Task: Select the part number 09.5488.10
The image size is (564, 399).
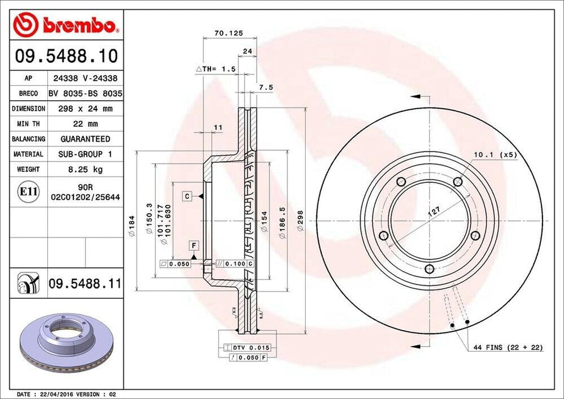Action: tap(65, 56)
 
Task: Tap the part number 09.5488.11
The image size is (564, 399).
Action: tap(84, 284)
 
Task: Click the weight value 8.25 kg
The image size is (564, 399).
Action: tap(85, 169)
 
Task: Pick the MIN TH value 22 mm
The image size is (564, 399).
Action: tap(85, 124)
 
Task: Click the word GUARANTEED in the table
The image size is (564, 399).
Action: tap(85, 139)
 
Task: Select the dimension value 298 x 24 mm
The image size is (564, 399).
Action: tap(85, 109)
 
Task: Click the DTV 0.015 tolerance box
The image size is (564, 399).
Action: tap(249, 348)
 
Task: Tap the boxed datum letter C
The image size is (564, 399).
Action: tap(187, 196)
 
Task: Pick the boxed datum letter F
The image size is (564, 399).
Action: tap(194, 245)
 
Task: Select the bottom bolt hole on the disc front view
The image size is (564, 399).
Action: tap(429, 269)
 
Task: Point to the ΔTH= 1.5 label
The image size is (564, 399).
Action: tap(216, 69)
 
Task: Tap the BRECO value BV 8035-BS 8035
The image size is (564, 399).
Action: tap(85, 94)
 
